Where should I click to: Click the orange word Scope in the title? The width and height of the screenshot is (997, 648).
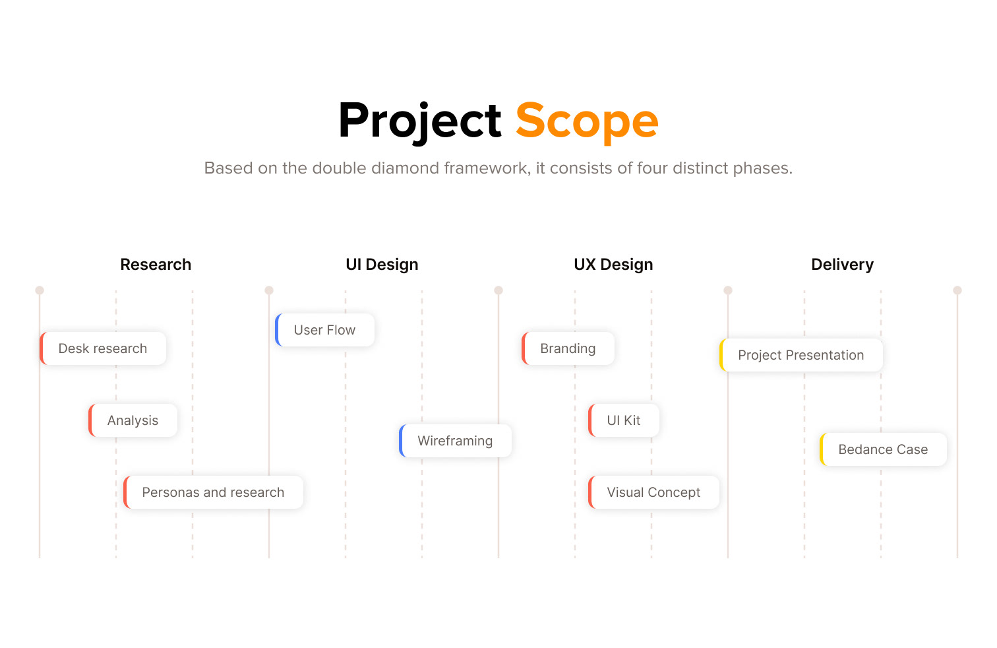587,121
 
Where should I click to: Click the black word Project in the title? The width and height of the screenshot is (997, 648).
420,121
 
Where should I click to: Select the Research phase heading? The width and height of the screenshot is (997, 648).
156,264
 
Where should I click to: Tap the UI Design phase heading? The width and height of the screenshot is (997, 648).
382,265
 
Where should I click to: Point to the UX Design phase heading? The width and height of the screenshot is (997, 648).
613,265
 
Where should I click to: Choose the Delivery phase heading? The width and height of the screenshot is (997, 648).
842,265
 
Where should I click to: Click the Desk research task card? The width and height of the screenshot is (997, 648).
103,348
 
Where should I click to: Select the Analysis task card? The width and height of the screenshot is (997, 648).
133,420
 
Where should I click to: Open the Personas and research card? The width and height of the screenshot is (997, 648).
213,492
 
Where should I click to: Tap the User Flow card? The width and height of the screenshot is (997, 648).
324,330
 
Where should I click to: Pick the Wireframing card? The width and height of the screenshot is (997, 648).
455,440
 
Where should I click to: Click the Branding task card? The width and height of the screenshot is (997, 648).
568,348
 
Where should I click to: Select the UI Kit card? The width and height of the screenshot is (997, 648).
624,420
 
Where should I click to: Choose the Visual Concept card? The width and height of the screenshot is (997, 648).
653,492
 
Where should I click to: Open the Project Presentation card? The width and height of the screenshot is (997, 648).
801,355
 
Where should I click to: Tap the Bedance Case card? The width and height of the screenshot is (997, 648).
883,449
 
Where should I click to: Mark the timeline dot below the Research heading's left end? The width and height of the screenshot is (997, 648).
40,290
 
